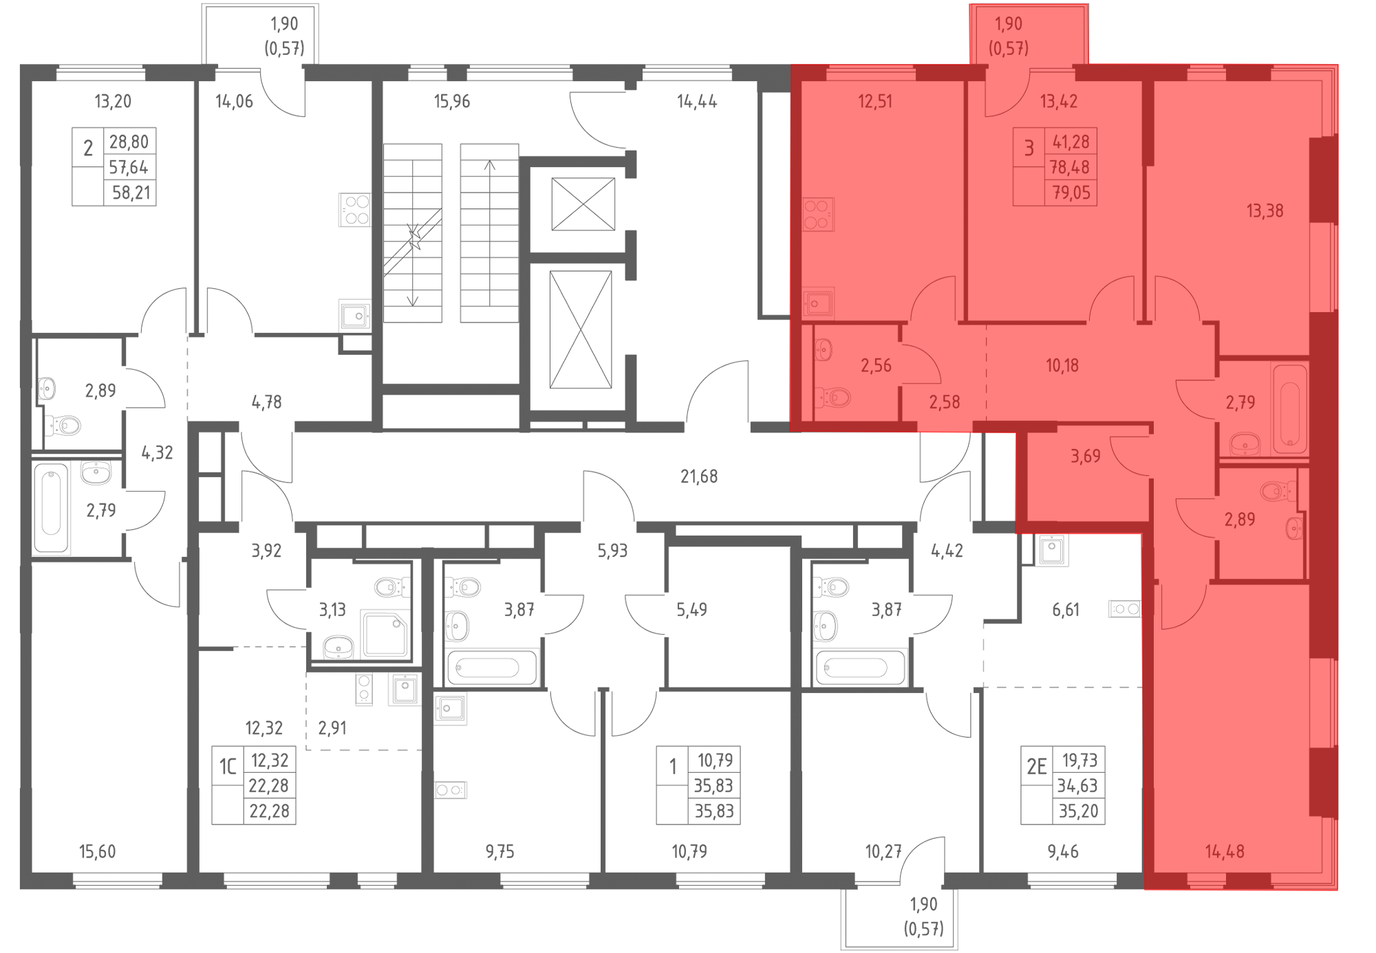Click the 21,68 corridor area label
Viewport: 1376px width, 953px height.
(699, 477)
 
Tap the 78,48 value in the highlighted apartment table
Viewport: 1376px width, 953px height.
(1070, 167)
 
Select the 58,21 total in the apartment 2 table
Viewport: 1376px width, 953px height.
(131, 193)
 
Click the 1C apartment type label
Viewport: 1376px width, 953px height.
(228, 766)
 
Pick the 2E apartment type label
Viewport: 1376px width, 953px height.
(1036, 766)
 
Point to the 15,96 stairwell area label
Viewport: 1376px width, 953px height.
(452, 102)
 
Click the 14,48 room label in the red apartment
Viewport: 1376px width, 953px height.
(1225, 852)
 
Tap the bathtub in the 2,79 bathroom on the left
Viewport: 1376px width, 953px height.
(51, 508)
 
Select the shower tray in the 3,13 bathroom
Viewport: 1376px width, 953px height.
(385, 634)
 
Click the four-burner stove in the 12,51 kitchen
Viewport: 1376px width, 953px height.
(819, 214)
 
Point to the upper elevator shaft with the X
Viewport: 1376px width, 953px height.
(583, 204)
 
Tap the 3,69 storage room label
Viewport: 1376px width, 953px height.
(1086, 457)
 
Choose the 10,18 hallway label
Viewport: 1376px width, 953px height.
(1062, 366)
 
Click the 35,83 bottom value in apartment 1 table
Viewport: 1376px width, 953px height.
(713, 811)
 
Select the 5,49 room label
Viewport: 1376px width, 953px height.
(691, 610)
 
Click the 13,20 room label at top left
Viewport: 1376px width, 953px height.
(113, 102)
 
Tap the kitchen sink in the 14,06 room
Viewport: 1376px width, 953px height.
(355, 316)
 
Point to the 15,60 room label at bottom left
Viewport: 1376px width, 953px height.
(98, 852)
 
